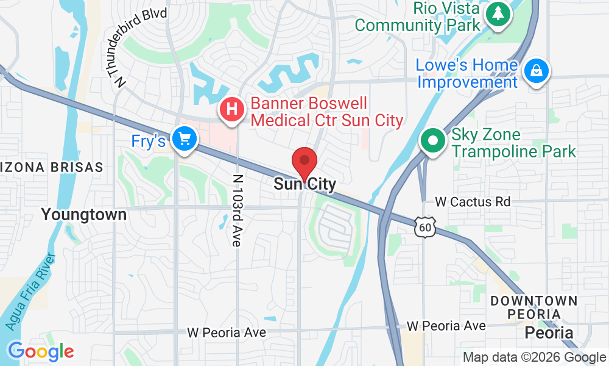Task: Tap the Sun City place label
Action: tap(304, 184)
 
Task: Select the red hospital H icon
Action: tap(231, 110)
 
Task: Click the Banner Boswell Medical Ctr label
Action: tap(327, 112)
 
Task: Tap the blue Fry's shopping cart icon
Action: tap(183, 140)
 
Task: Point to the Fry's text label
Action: tap(149, 142)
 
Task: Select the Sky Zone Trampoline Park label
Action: tap(513, 143)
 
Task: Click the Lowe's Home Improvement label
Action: tap(467, 73)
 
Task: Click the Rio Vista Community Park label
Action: tap(418, 17)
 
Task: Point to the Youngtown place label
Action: tap(84, 215)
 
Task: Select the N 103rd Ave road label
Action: tap(237, 211)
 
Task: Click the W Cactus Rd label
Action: tap(473, 201)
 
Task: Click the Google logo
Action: tap(41, 351)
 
